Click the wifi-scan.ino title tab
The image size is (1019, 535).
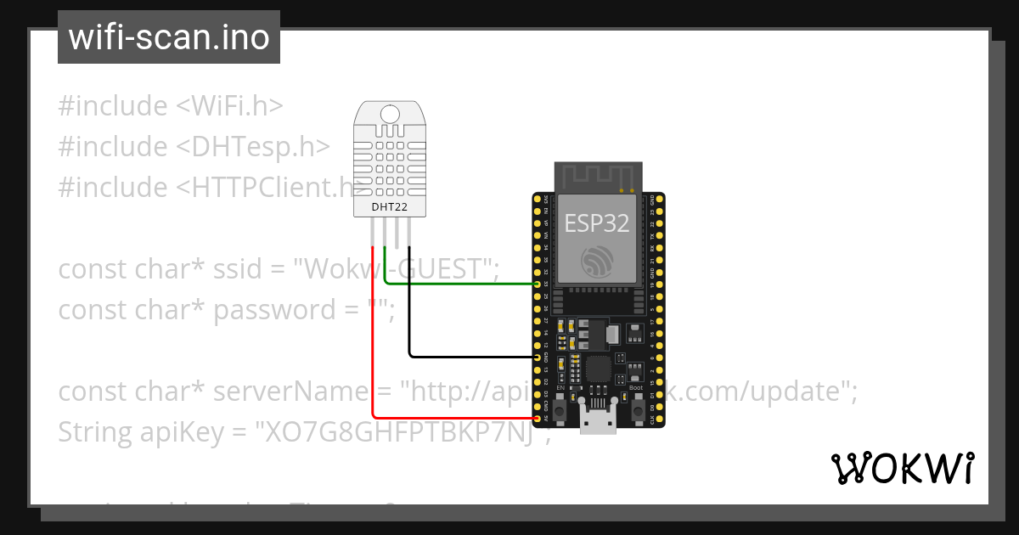(168, 37)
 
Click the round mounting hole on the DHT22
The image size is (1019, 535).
(391, 114)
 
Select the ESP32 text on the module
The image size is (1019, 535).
(597, 222)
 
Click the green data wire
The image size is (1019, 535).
(459, 283)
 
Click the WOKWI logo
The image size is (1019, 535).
(902, 469)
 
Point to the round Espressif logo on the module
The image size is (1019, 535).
(597, 261)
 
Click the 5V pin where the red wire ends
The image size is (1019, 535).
(538, 419)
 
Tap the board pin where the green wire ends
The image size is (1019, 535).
(538, 284)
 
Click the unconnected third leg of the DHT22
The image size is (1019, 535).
(397, 234)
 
